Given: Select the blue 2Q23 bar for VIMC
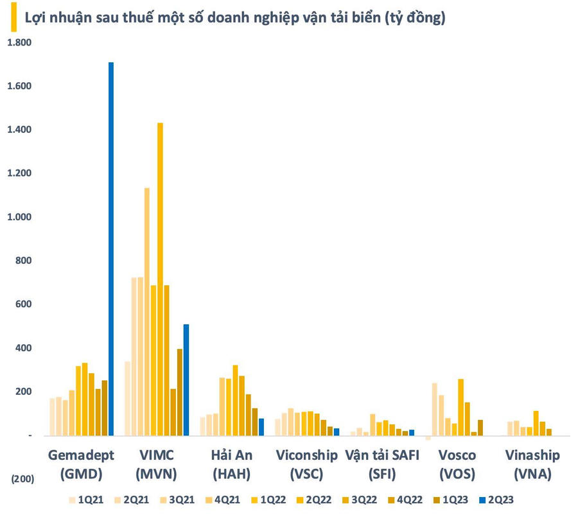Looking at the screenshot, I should click(186, 380).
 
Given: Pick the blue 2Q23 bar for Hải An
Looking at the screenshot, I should click(261, 427).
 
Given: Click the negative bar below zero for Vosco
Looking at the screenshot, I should click(428, 438).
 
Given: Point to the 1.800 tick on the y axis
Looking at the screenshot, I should click(19, 42).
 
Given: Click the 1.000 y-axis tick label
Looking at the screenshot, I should click(19, 217).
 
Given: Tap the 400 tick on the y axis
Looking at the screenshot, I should click(24, 348).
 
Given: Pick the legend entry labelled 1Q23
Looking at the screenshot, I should click(454, 499).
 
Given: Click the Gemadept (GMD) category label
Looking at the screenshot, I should click(81, 464).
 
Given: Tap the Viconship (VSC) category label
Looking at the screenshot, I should click(306, 464).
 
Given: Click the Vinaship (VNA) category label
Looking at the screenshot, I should click(531, 464).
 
